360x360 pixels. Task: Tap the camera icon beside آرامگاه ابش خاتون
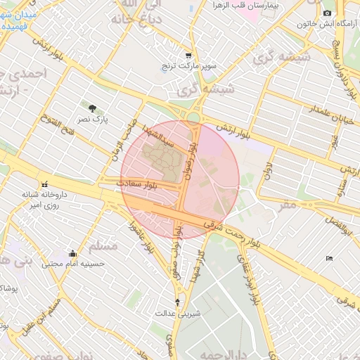click(327, 13)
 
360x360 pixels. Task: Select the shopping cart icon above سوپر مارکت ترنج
click(188, 55)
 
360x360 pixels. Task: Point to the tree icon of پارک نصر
click(93, 108)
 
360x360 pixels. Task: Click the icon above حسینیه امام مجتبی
click(72, 254)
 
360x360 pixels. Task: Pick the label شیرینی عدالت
click(178, 313)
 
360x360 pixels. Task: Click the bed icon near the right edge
click(329, 259)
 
